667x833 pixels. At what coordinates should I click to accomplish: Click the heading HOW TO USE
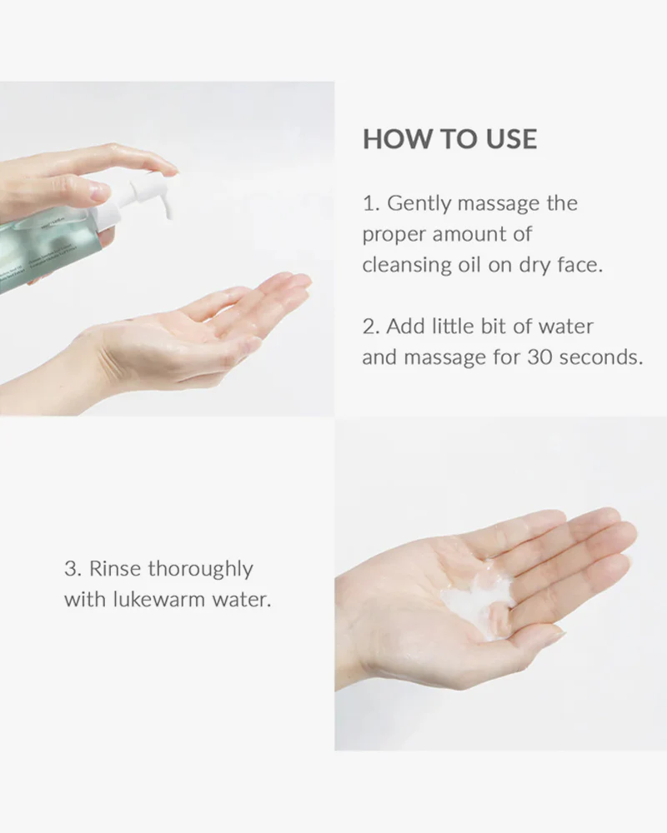tap(449, 139)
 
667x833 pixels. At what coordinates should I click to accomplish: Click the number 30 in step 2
tap(539, 357)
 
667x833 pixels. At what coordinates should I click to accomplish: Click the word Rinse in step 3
tap(115, 570)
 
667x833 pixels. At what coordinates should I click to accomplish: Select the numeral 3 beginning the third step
tap(69, 570)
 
